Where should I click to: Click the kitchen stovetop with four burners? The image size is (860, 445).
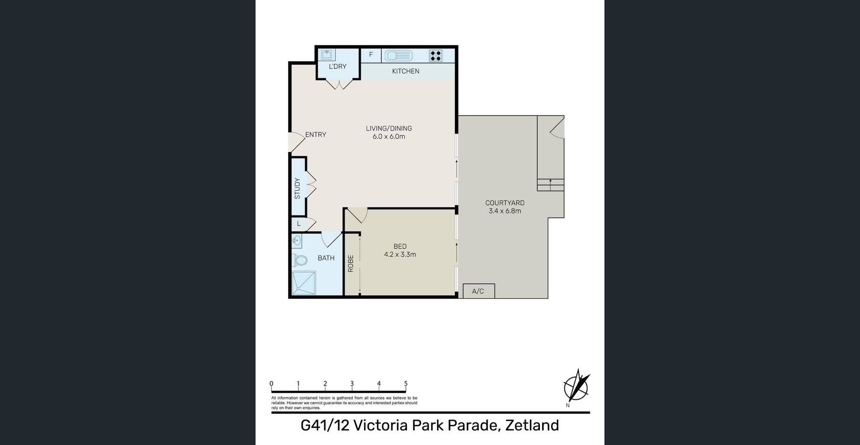pyautogui.click(x=436, y=56)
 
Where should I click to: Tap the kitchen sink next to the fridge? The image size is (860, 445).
pyautogui.click(x=398, y=56)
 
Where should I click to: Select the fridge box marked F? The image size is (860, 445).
pyautogui.click(x=371, y=55)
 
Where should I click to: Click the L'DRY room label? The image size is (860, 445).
pyautogui.click(x=338, y=66)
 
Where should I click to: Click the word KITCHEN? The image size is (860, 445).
pyautogui.click(x=405, y=71)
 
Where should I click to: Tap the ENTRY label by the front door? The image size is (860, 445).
pyautogui.click(x=315, y=135)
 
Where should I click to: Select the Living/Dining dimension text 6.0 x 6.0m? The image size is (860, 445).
pyautogui.click(x=389, y=137)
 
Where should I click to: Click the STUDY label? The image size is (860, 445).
pyautogui.click(x=297, y=188)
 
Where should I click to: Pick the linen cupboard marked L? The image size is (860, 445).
pyautogui.click(x=298, y=224)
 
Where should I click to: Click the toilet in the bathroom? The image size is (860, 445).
pyautogui.click(x=299, y=260)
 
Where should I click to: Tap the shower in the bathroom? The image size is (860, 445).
pyautogui.click(x=303, y=283)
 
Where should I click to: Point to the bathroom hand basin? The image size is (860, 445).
pyautogui.click(x=297, y=241)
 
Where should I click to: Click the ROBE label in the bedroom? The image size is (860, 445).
pyautogui.click(x=351, y=264)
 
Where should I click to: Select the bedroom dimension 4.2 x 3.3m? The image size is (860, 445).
pyautogui.click(x=400, y=255)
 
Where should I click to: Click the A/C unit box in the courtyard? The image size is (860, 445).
pyautogui.click(x=479, y=291)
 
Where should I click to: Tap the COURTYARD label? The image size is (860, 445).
pyautogui.click(x=505, y=203)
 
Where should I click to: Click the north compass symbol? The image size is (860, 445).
pyautogui.click(x=577, y=387)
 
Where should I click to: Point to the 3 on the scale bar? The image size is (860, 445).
pyautogui.click(x=352, y=384)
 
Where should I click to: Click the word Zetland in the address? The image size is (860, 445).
pyautogui.click(x=532, y=425)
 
